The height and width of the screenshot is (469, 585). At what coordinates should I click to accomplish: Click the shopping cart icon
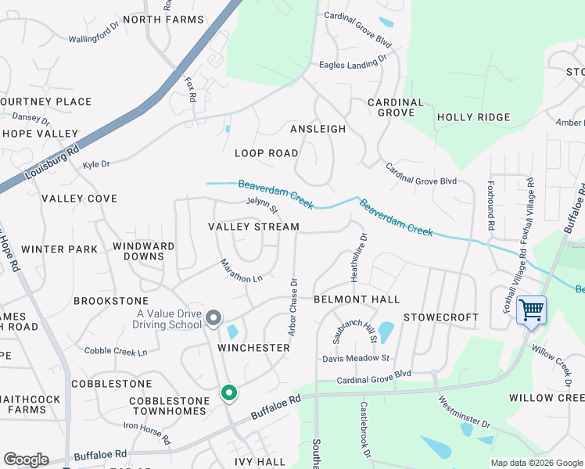[x=531, y=310]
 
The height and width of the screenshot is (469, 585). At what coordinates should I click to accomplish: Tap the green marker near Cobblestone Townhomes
[x=228, y=392]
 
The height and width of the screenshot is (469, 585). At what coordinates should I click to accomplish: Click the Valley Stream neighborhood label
[x=253, y=227]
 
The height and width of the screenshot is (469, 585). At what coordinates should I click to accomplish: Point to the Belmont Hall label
[x=356, y=299]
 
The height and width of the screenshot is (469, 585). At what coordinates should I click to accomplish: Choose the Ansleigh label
[x=318, y=128]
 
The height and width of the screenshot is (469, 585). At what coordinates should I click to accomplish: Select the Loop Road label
[x=267, y=153]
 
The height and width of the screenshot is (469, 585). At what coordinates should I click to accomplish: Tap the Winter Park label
[x=59, y=249]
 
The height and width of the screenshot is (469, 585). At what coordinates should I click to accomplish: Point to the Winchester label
[x=254, y=347]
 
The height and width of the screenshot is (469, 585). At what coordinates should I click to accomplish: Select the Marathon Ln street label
[x=241, y=271]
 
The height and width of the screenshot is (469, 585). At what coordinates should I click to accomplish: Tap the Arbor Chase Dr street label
[x=293, y=307]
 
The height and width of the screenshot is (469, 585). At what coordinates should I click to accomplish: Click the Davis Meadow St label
[x=356, y=359]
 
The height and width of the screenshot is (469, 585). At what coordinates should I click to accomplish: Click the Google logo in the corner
[x=26, y=460]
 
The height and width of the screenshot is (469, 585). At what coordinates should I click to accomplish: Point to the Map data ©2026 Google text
[x=536, y=463]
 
